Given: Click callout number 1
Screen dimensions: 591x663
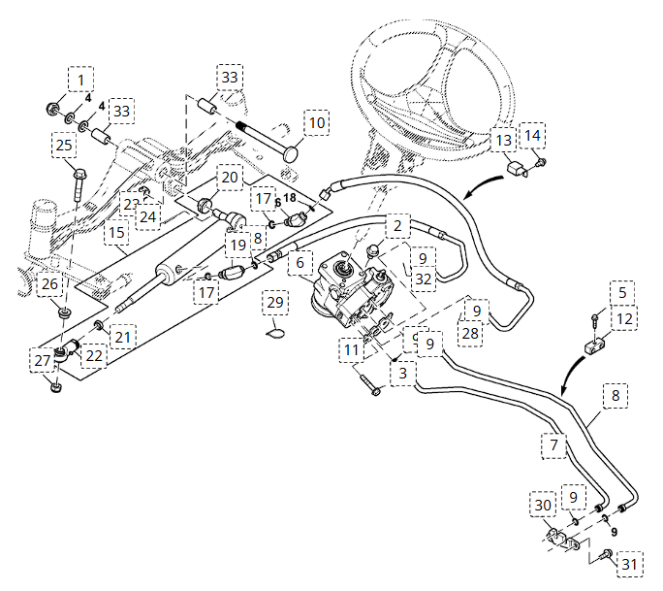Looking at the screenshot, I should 81,79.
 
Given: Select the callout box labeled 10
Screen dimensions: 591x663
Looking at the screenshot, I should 317,123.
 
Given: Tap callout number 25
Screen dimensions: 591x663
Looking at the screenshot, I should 64,147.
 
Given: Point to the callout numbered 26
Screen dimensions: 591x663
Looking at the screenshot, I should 49,285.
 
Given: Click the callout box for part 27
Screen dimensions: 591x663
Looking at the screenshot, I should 42,361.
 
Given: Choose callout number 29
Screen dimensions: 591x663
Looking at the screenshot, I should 276,304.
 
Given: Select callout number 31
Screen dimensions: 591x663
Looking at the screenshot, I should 630,564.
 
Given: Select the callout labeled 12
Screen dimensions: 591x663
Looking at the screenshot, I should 623,318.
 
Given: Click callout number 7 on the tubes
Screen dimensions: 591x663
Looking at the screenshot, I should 553,445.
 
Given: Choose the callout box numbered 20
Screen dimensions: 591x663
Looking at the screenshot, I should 229,178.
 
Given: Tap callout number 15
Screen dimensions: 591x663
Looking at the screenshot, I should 117,233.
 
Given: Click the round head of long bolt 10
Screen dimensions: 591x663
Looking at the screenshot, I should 292,152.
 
